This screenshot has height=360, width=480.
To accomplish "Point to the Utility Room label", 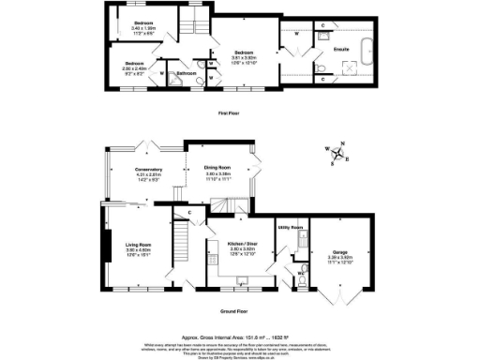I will coord(290,227).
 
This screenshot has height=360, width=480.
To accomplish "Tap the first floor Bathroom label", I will coord(187,71).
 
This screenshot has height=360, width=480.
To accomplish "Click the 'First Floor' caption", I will coord(231,112).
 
